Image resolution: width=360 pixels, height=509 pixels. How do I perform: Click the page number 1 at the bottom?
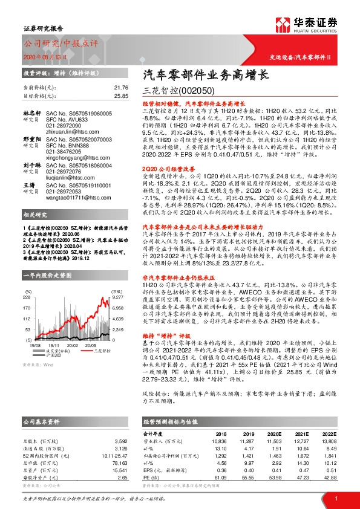336,497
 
